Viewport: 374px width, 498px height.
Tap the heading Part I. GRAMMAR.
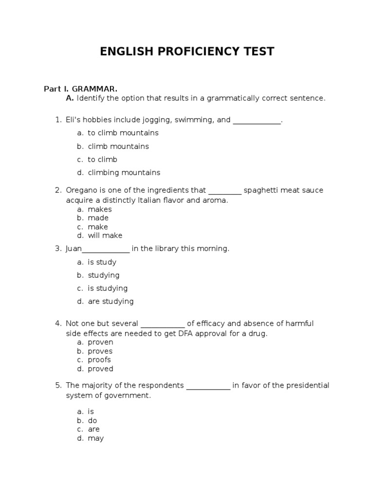pos(80,89)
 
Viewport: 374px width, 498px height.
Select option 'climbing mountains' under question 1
pos(124,173)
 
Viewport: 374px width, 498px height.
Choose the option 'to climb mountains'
pos(123,133)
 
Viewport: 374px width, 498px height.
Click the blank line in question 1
pos(257,120)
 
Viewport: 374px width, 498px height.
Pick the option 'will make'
pos(105,236)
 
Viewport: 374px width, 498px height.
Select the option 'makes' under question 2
pos(100,210)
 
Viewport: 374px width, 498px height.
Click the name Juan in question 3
pos(74,249)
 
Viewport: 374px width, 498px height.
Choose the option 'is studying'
pos(108,288)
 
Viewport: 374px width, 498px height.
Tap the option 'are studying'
pos(111,302)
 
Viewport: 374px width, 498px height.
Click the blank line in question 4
pos(163,324)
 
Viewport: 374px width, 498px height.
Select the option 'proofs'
pos(99,360)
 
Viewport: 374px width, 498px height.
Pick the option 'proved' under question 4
pos(100,369)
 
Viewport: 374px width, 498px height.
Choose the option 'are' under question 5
pos(93,429)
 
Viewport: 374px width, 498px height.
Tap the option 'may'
pos(95,438)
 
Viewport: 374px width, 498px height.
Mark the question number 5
pos(58,386)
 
